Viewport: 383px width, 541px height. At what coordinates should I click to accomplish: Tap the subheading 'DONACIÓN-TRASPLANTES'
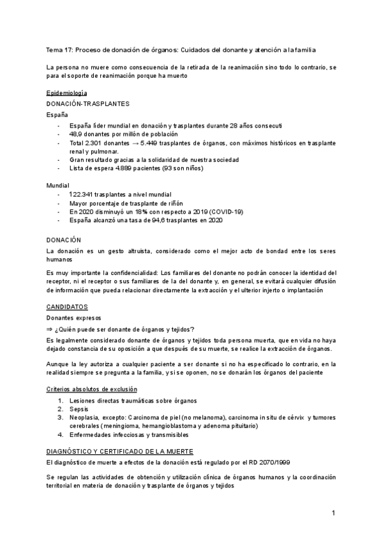(x=88, y=103)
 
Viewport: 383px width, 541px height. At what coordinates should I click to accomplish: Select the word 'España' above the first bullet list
(x=57, y=115)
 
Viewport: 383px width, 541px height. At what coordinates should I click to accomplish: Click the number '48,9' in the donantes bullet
(x=77, y=135)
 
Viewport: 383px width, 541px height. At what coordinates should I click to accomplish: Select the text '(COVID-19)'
(x=226, y=211)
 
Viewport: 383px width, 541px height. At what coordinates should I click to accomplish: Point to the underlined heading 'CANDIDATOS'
(x=68, y=306)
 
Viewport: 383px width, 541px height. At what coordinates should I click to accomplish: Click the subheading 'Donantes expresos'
(x=74, y=317)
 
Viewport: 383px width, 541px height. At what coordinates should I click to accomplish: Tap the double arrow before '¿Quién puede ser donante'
(x=50, y=329)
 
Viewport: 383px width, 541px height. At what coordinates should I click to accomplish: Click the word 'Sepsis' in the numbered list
(x=79, y=408)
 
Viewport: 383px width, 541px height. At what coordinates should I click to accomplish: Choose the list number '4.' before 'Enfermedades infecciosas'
(x=60, y=434)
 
